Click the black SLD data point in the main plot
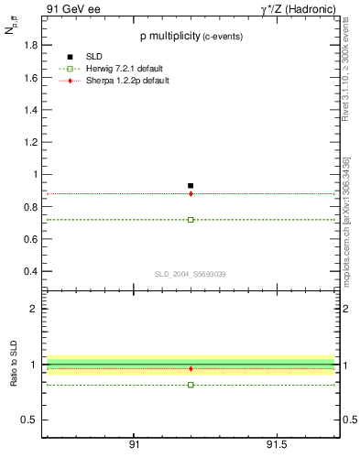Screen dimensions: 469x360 (x=191, y=186)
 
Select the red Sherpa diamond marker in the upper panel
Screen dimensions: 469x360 (x=191, y=193)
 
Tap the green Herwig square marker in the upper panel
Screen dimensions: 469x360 (x=191, y=220)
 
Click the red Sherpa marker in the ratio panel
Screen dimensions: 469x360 (x=191, y=368)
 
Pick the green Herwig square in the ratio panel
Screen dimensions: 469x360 (x=191, y=385)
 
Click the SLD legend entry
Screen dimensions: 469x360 (x=95, y=58)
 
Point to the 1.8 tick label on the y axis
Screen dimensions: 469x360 (x=27, y=46)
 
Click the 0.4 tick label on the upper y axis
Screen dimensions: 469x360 (x=27, y=271)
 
